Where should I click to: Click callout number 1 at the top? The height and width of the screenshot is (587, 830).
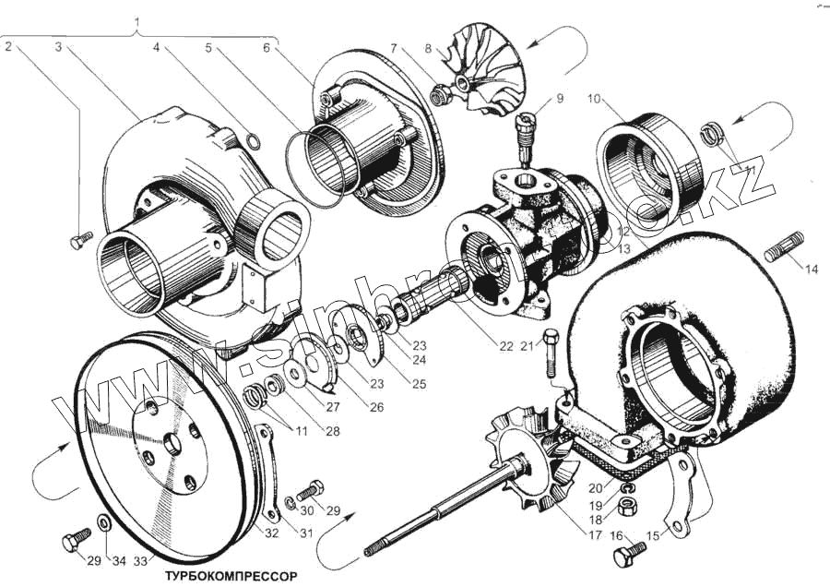tap(138, 20)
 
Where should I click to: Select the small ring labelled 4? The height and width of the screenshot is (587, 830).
tap(254, 141)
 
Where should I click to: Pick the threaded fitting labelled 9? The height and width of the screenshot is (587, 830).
tap(528, 135)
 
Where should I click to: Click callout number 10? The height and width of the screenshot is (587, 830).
tap(593, 97)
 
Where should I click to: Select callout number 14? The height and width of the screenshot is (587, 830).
tap(811, 270)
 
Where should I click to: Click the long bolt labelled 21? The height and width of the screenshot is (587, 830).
tap(551, 351)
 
